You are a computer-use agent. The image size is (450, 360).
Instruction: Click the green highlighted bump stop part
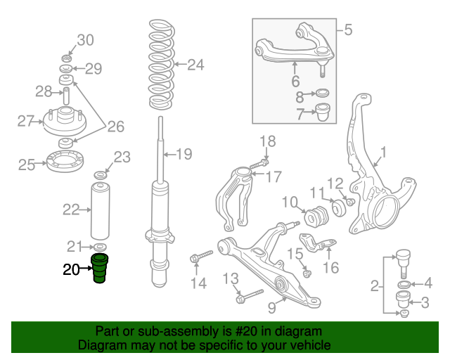click(100, 268)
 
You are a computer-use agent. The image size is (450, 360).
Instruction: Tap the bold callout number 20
click(71, 269)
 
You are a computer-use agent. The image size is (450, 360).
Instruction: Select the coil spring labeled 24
click(162, 64)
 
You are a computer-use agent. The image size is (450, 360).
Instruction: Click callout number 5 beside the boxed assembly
click(348, 30)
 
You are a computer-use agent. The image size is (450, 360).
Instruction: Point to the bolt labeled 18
click(259, 164)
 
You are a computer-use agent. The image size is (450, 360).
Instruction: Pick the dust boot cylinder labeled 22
click(100, 211)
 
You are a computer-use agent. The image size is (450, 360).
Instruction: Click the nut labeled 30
click(67, 58)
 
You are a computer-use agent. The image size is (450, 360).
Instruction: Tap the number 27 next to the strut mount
click(26, 121)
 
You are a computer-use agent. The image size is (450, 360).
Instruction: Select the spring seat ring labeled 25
click(65, 162)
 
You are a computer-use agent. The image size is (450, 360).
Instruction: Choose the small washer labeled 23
click(100, 175)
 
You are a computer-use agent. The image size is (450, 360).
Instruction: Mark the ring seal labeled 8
click(322, 93)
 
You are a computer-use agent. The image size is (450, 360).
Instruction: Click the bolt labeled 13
click(249, 296)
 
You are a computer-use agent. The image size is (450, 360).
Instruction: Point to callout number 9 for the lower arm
click(272, 307)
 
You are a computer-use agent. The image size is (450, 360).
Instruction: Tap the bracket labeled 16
click(318, 245)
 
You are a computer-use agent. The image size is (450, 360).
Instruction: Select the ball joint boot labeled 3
click(402, 300)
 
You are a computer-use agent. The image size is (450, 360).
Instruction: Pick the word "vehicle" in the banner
click(313, 345)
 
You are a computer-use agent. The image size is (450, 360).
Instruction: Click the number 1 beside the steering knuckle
click(383, 152)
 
